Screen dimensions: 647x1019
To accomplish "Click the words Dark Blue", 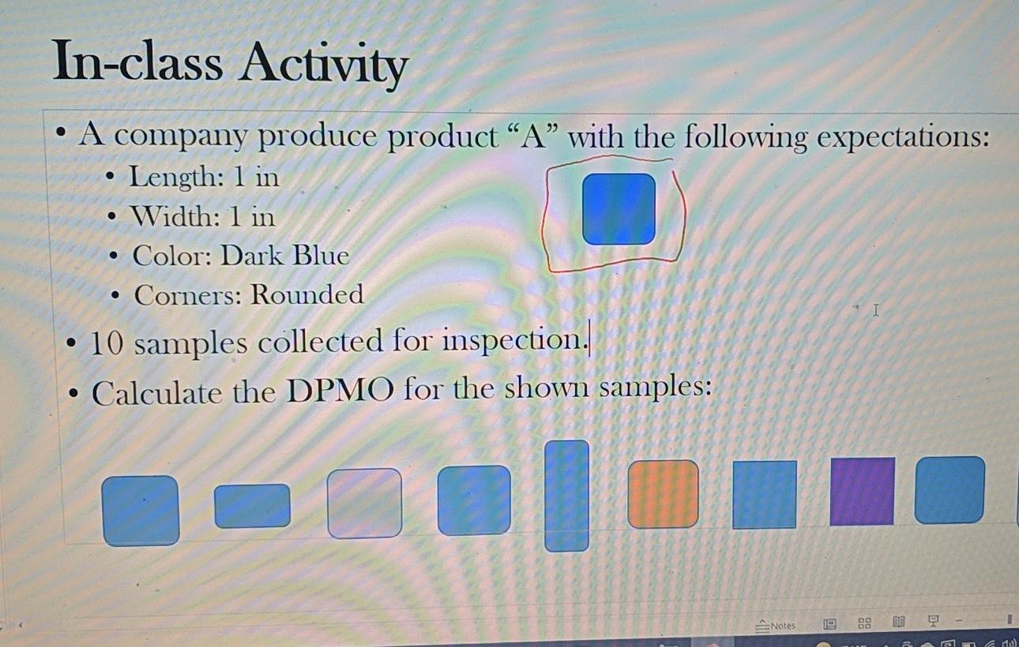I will (x=284, y=256).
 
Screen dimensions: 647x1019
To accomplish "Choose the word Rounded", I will (x=307, y=294).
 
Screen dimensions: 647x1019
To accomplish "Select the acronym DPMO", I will (x=339, y=391).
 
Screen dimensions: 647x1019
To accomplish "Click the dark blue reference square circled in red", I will (x=619, y=209).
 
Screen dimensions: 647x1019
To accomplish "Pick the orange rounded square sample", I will (x=663, y=494).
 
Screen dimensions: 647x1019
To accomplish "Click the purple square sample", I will (x=862, y=491).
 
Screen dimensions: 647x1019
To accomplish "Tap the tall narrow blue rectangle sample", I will (x=566, y=496).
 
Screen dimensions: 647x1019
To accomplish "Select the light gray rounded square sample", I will (x=364, y=503).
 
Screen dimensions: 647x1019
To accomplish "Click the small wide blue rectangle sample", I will (x=252, y=506).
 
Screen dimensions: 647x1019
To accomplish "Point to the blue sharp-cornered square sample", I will (x=764, y=495).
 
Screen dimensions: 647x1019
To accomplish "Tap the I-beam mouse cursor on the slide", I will (x=875, y=310).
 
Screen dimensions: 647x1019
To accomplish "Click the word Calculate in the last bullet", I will (x=156, y=392).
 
